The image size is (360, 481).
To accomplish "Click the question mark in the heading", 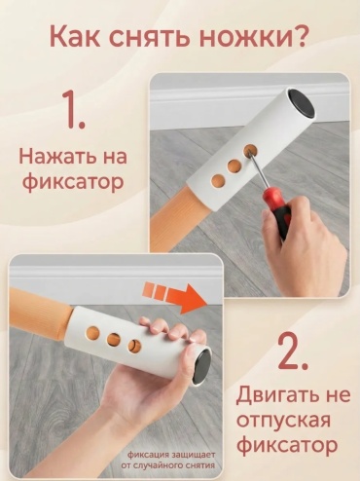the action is [295, 35].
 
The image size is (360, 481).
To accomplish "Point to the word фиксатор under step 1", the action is [73, 182].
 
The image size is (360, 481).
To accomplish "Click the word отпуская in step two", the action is [283, 421].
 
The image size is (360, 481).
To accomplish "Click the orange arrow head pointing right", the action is [193, 298].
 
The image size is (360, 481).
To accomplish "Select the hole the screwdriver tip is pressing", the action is [249, 150].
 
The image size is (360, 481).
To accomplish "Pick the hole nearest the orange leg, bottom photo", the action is [93, 333].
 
